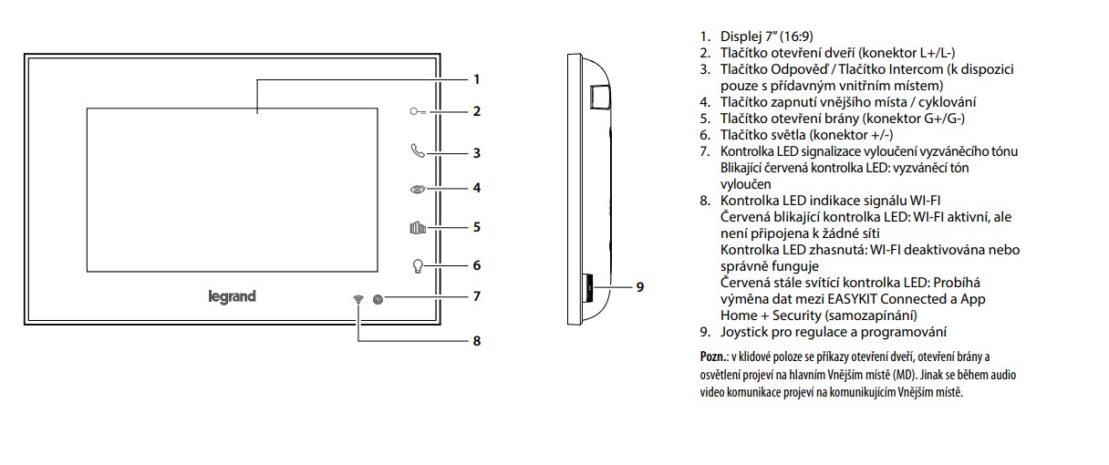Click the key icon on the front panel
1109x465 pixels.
click(416, 112)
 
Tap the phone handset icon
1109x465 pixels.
click(417, 151)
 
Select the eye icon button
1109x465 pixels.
click(417, 189)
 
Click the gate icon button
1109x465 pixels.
click(417, 227)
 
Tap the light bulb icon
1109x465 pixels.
click(417, 266)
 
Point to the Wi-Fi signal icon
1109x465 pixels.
click(358, 300)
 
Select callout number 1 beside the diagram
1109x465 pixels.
click(476, 79)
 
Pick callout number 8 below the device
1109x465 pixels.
click(476, 341)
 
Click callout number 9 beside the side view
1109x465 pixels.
click(640, 286)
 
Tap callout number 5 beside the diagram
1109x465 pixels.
click(476, 227)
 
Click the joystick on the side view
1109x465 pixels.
click(587, 287)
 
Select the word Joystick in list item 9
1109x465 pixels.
click(745, 331)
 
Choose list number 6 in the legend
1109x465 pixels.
click(705, 135)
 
